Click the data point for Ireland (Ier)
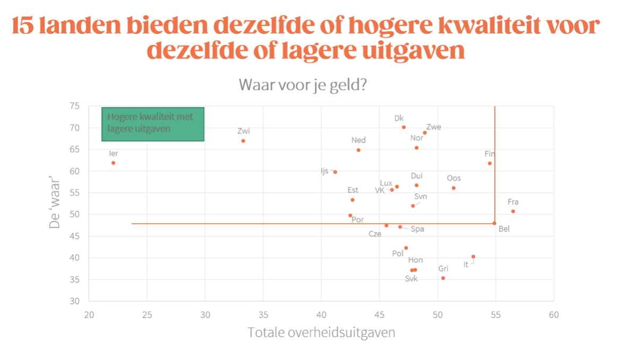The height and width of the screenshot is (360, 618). click(113, 163)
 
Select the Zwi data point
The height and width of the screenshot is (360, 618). click(243, 141)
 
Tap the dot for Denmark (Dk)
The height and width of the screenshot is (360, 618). click(404, 127)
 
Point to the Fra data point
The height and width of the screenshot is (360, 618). click(513, 211)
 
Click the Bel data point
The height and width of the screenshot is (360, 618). click(494, 224)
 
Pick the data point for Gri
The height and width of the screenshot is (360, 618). click(443, 278)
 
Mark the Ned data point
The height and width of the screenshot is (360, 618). click(358, 150)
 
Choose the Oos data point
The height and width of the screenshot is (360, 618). click(453, 188)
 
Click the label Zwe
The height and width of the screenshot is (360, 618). click(433, 127)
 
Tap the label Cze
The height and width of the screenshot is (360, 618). click(375, 234)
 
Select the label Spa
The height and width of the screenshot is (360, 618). click(417, 229)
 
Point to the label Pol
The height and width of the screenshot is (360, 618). click(398, 253)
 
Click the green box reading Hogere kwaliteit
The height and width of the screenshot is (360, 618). click(153, 124)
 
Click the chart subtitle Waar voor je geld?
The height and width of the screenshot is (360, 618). click(302, 85)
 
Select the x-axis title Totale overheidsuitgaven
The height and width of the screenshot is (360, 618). click(321, 333)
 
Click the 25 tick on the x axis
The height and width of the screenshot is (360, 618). click(147, 314)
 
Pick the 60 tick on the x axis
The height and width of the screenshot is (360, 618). click(553, 314)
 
